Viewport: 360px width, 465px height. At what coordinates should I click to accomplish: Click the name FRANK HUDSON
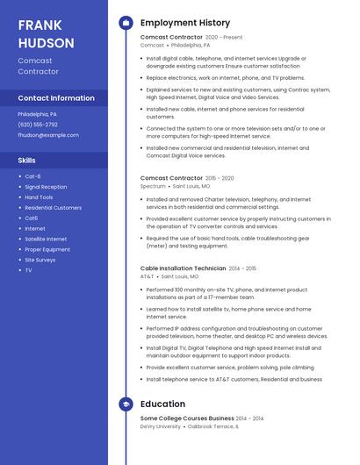46,32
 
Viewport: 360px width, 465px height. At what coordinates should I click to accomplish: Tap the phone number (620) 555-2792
38,125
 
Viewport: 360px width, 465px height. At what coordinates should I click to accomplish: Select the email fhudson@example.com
48,135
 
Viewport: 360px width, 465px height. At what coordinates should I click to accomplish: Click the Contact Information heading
56,98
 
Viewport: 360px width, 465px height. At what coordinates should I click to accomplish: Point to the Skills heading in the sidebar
27,161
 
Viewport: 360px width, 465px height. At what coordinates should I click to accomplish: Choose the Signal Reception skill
46,187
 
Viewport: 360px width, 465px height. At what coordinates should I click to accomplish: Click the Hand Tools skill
39,197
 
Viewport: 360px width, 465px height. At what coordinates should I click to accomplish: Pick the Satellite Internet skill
46,239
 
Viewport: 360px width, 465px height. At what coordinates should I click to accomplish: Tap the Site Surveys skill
40,260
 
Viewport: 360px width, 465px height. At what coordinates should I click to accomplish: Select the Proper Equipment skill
47,249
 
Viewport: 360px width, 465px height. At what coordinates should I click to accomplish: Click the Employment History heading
185,23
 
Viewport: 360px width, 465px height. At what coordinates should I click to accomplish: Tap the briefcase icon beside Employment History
126,23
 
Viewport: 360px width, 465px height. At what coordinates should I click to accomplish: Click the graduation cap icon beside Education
126,404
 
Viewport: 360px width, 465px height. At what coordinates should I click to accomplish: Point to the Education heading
162,404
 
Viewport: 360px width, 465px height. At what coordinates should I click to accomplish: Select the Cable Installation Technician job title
183,268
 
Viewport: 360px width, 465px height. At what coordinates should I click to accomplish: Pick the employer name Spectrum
153,186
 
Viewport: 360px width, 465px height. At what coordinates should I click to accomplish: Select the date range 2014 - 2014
249,418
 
